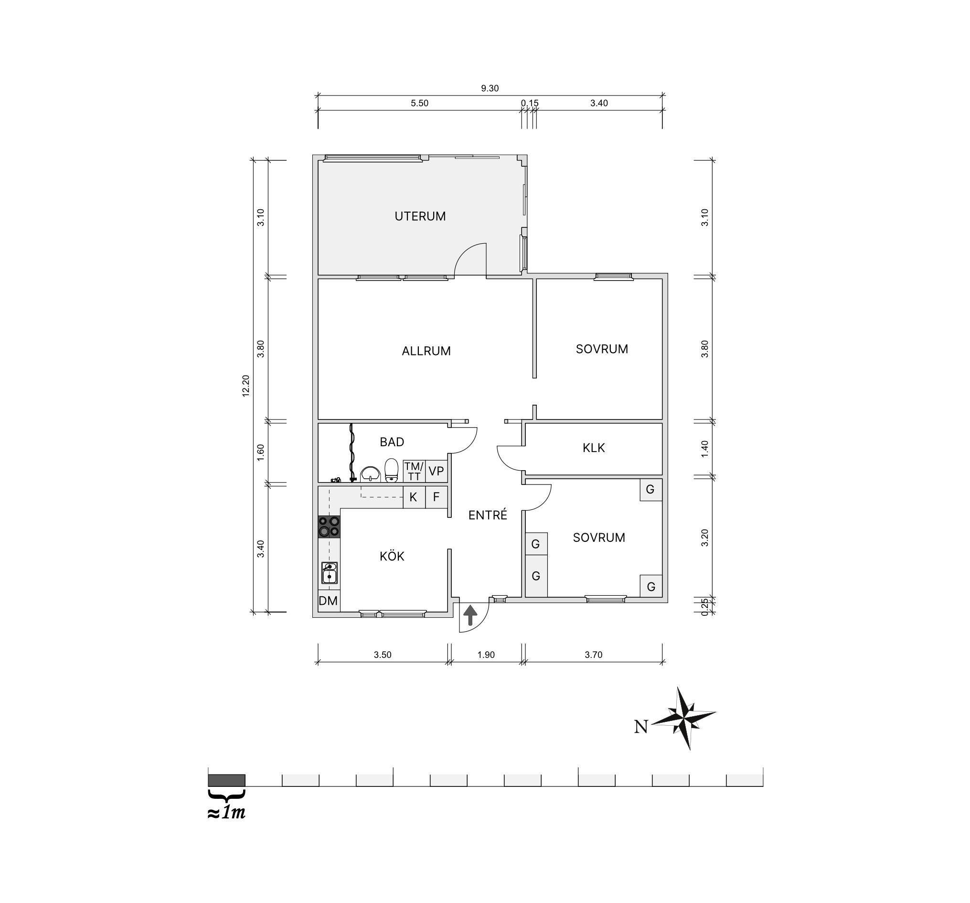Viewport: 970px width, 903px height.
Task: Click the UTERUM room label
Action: (x=420, y=216)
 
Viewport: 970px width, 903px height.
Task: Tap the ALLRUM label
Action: (x=426, y=351)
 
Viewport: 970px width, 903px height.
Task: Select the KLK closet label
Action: (x=594, y=448)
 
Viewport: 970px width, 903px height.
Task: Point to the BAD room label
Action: (x=392, y=442)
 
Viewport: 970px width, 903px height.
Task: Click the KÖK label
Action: (x=392, y=556)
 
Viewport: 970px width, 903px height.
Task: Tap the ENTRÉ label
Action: (x=488, y=515)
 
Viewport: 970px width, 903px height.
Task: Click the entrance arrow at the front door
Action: (x=470, y=615)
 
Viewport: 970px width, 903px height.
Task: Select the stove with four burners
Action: (x=329, y=527)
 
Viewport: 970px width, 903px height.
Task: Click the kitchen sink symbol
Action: (x=330, y=573)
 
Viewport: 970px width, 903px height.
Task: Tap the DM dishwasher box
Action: (x=329, y=601)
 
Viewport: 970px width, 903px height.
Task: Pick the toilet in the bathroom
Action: (x=391, y=471)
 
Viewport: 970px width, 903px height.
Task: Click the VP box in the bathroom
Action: (x=436, y=471)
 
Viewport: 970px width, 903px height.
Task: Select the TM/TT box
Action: (x=414, y=471)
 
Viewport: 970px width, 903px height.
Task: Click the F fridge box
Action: (x=436, y=497)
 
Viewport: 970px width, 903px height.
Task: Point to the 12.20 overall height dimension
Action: (x=246, y=386)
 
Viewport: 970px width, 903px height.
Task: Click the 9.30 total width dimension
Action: (x=490, y=88)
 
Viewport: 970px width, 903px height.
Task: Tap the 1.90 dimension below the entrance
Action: (x=486, y=655)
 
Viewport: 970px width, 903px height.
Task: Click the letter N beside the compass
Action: (x=641, y=727)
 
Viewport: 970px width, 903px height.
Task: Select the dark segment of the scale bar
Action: (x=226, y=780)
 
